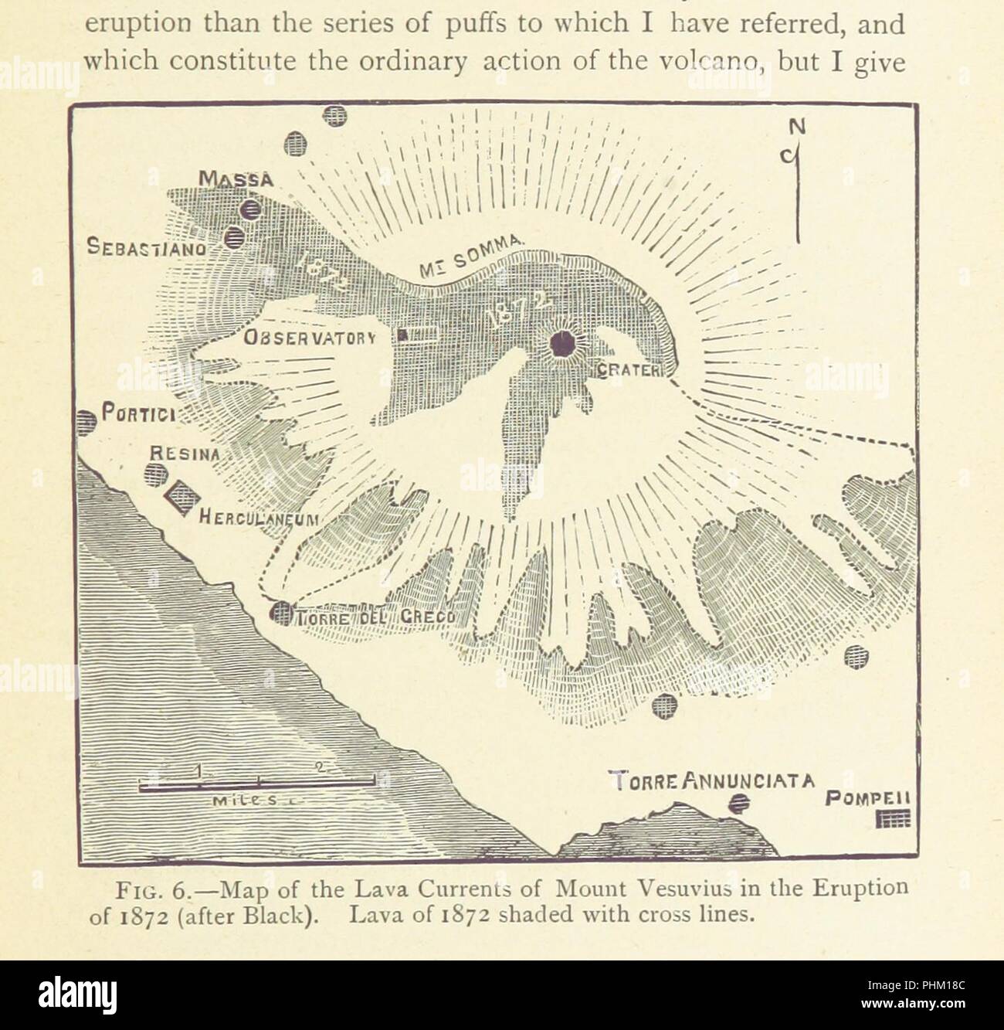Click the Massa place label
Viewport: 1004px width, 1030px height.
pyautogui.click(x=236, y=179)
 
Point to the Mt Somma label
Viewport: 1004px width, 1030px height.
pyautogui.click(x=473, y=257)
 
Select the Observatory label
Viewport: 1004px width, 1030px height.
pyautogui.click(x=309, y=338)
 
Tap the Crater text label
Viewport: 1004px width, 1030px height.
pyautogui.click(x=627, y=371)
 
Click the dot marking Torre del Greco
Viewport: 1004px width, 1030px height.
pyautogui.click(x=279, y=612)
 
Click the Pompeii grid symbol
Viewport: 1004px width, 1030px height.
pyautogui.click(x=896, y=820)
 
